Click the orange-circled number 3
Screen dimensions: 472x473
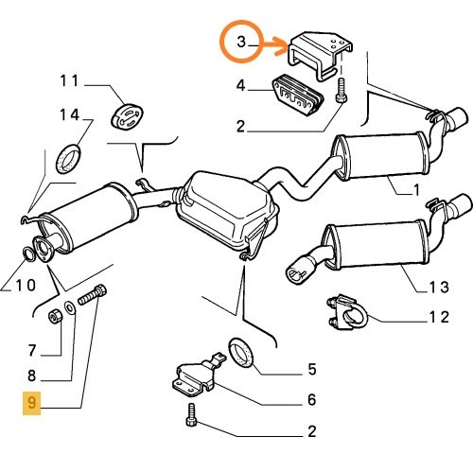(241, 42)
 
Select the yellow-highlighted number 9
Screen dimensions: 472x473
(32, 404)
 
